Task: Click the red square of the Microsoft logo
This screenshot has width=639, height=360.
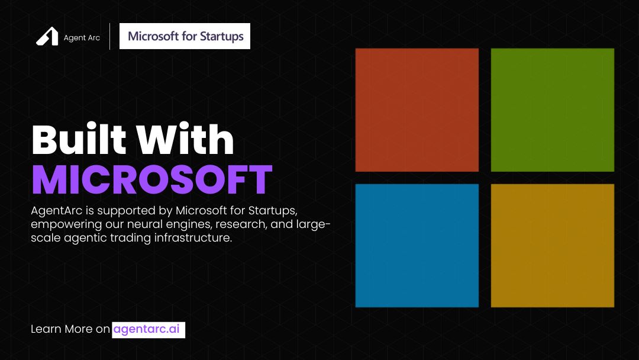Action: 417,110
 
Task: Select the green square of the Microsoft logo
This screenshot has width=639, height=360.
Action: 552,110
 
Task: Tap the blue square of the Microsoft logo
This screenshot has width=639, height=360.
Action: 417,245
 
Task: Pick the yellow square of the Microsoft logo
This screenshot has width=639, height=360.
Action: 552,245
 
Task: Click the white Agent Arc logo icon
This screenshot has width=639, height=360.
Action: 47,37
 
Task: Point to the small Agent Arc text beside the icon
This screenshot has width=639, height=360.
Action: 82,38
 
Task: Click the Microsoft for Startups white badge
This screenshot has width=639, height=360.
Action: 185,36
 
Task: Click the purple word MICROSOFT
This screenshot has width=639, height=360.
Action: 151,180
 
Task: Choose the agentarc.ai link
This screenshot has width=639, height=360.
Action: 148,329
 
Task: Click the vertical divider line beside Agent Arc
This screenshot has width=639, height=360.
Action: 109,36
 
